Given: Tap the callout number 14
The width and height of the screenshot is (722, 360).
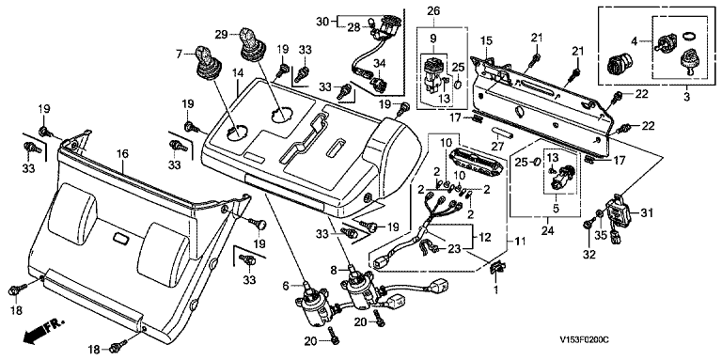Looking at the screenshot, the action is click(237, 86).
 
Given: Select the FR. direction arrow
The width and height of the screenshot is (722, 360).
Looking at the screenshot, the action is click(43, 331).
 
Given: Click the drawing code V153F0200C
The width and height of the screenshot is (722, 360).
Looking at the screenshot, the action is click(584, 340).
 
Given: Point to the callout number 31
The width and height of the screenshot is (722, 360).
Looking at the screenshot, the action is click(647, 213).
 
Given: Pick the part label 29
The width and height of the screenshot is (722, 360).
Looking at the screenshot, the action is click(221, 34).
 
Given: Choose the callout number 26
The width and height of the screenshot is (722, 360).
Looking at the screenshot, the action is click(433, 10).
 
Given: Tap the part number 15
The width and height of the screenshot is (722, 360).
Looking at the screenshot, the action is click(487, 41).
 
